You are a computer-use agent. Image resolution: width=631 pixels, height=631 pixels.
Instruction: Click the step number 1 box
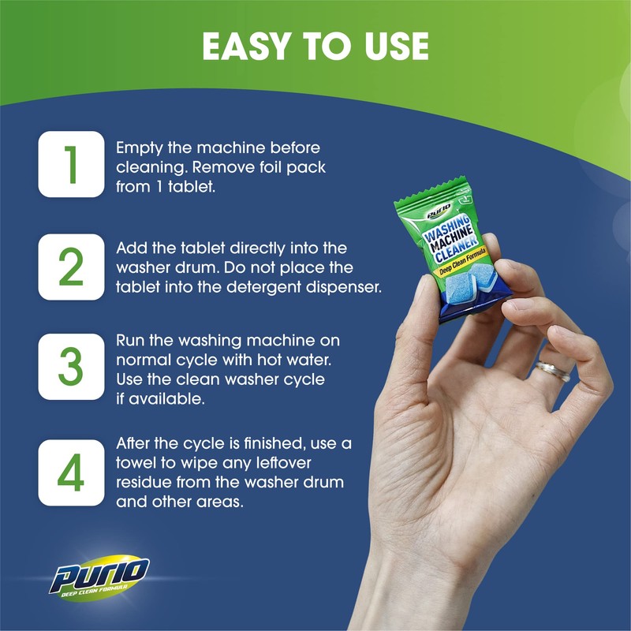coord(71,164)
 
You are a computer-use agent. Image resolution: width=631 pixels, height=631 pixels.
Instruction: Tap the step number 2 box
coord(71,267)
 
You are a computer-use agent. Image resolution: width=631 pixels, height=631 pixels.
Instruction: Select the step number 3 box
coord(71,369)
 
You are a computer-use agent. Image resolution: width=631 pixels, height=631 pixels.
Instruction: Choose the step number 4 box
coord(71,472)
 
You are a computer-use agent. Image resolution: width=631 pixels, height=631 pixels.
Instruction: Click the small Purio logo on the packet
coord(439,211)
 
